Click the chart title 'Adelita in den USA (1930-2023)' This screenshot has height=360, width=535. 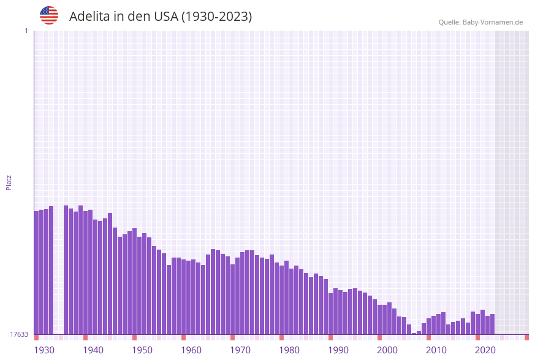point(161,17)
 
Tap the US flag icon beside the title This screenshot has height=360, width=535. point(49,15)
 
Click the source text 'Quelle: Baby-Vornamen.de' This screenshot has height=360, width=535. point(480,22)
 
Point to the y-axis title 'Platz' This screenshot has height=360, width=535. point(9,182)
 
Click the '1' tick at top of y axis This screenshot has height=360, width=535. point(26,31)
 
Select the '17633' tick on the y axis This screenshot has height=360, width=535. point(19,334)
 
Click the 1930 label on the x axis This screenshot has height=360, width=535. point(44,350)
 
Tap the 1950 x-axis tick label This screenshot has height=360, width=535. point(142,350)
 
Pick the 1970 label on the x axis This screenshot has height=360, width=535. point(240,350)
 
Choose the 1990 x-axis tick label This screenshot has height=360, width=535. point(338,350)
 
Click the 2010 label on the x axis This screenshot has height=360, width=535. point(436,350)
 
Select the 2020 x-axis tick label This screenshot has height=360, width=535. point(485,350)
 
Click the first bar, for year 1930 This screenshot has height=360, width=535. point(36,272)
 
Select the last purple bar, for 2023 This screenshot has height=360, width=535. point(492,324)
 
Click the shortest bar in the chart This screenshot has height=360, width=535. point(414,334)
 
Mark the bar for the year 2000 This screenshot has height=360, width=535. point(379,319)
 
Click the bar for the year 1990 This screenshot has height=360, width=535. point(330,313)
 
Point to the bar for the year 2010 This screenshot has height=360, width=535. point(428,326)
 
